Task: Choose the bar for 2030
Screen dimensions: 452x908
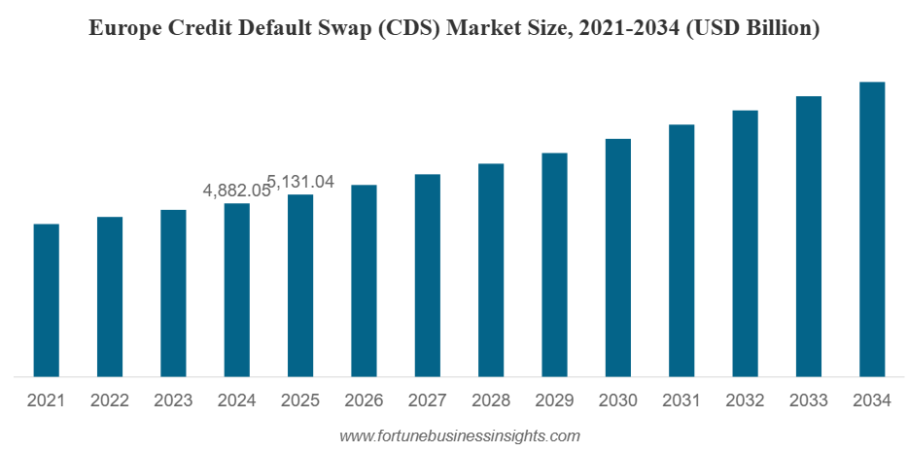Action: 617,257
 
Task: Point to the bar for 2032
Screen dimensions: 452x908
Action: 745,243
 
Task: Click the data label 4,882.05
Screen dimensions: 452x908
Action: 235,191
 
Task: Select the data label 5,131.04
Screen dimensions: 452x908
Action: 300,182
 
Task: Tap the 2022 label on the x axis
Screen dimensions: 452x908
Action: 110,400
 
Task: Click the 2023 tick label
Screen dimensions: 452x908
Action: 173,400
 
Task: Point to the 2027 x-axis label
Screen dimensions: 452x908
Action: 427,400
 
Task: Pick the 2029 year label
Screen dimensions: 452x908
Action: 554,400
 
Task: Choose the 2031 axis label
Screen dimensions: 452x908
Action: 681,400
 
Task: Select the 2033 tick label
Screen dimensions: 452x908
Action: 809,400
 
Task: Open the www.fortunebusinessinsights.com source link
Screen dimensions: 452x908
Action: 459,436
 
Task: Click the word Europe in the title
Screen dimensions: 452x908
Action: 122,29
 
